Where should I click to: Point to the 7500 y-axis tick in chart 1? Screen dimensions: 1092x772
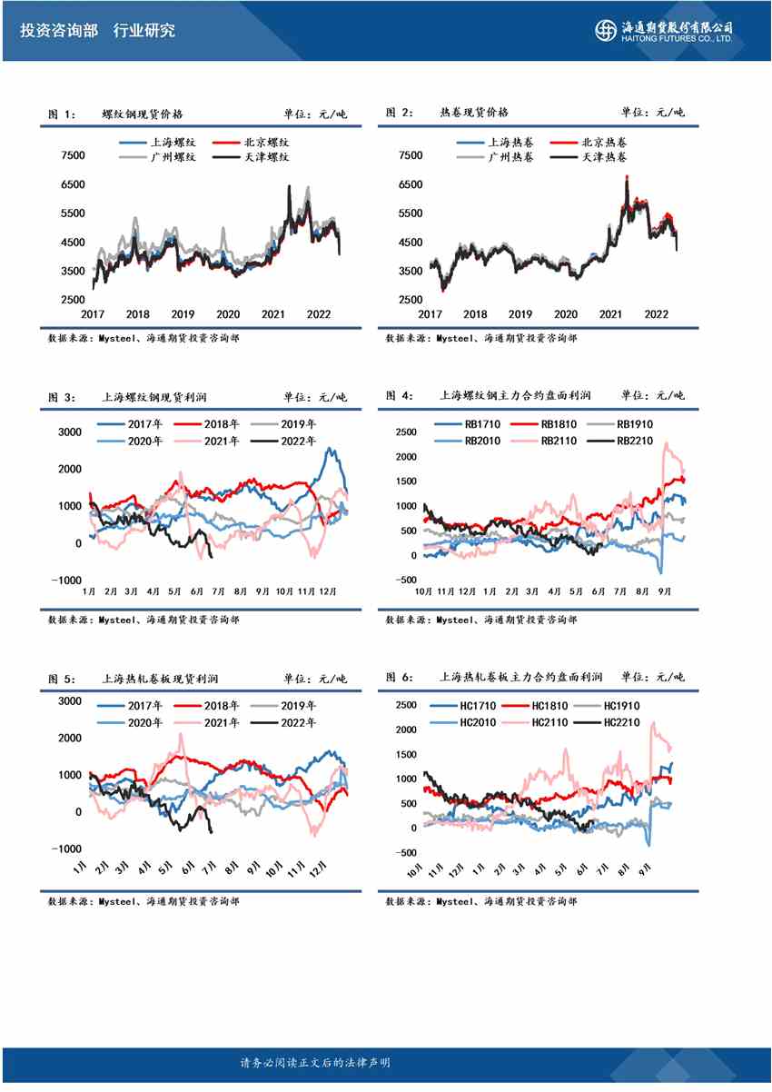pos(73,155)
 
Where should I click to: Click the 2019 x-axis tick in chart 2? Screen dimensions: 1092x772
pos(520,313)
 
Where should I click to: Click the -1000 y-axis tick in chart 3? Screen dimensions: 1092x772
pos(66,581)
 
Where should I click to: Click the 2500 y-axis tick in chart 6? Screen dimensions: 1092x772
pos(406,705)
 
